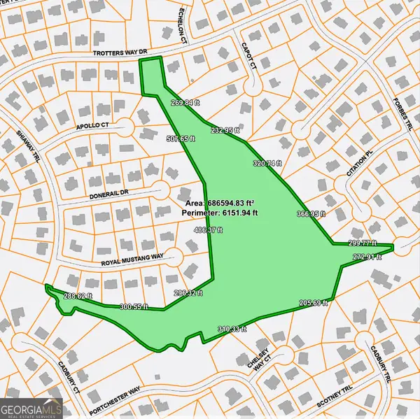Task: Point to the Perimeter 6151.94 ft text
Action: pos(221,211)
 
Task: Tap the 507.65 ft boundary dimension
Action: pos(181,139)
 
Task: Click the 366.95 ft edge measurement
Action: pos(311,214)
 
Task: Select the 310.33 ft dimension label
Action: pos(232,329)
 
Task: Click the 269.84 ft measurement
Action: pos(185,102)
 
